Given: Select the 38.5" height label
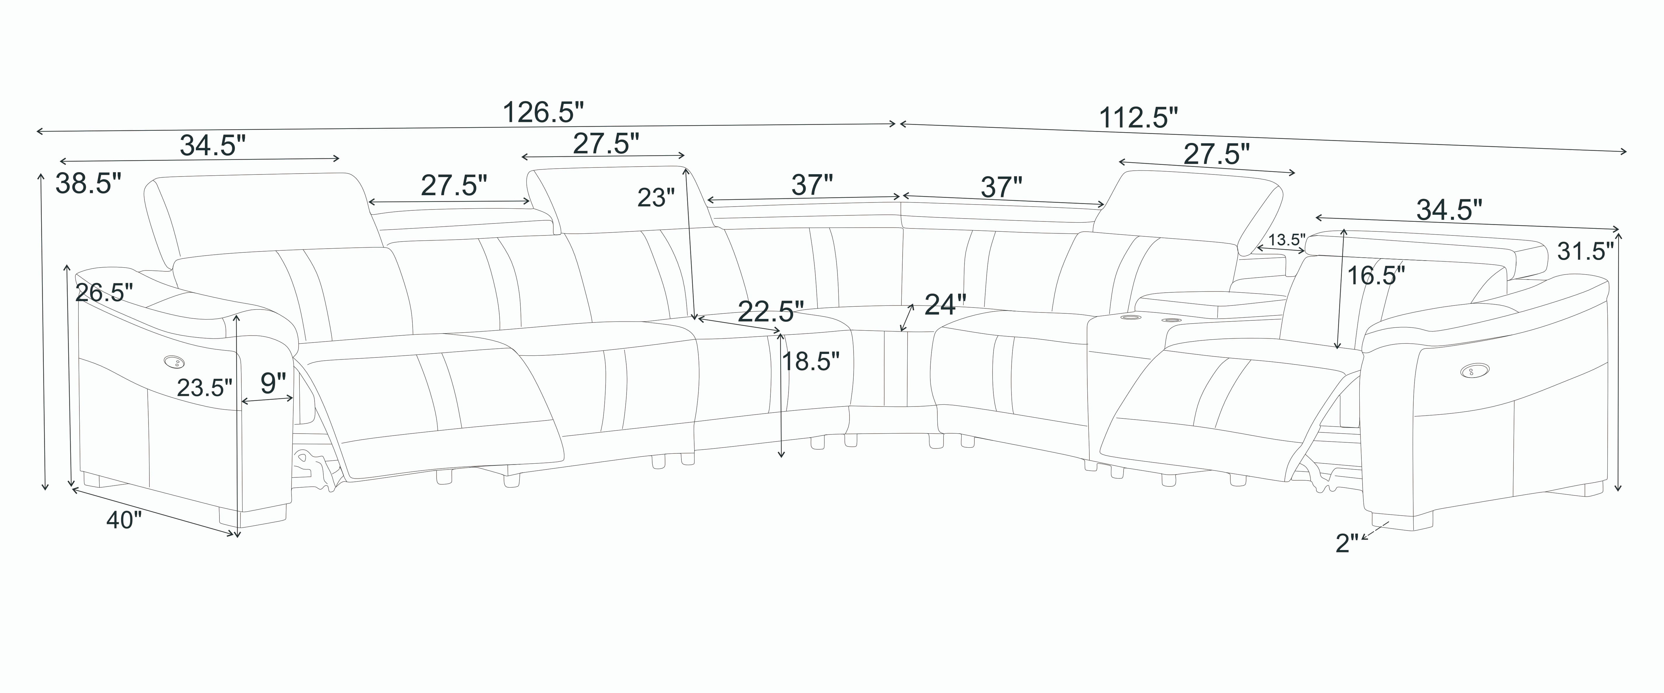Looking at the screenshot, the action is tap(88, 184).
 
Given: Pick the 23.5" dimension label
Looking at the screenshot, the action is tap(204, 387).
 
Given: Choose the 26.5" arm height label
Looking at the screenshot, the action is tap(104, 293).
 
